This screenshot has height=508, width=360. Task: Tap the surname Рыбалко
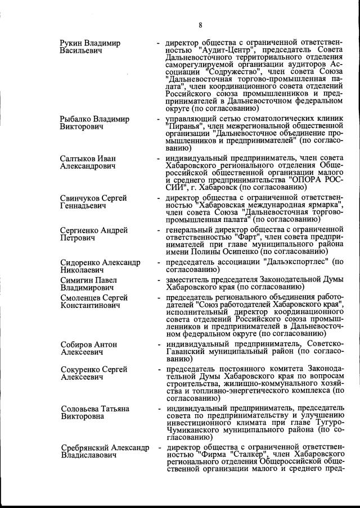coord(76,119)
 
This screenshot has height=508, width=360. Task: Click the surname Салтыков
coord(78,158)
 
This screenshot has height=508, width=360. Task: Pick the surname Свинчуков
coord(80,198)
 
